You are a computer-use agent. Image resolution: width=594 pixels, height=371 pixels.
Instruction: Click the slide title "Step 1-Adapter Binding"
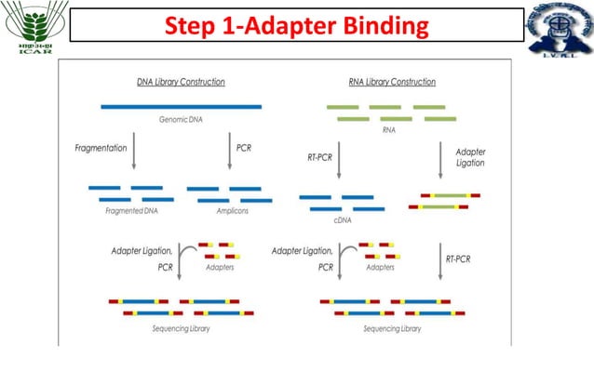point(296,25)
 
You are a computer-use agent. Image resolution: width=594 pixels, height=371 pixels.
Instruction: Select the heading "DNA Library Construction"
point(181,82)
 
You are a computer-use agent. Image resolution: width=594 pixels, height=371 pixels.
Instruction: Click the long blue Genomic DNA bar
point(182,107)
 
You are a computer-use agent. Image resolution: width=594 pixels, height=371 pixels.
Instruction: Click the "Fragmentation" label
point(101,148)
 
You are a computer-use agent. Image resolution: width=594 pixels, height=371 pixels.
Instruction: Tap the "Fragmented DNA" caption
point(128,212)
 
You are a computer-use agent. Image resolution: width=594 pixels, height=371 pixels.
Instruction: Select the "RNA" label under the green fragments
point(389,131)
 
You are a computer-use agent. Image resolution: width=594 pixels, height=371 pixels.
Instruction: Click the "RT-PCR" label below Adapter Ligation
point(457,258)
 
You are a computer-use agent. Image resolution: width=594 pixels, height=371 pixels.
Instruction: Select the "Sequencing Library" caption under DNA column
point(181,328)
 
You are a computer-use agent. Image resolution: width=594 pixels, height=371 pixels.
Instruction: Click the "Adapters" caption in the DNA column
point(220,267)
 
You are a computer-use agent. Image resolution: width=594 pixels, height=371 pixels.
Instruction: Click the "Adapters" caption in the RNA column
point(381,267)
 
